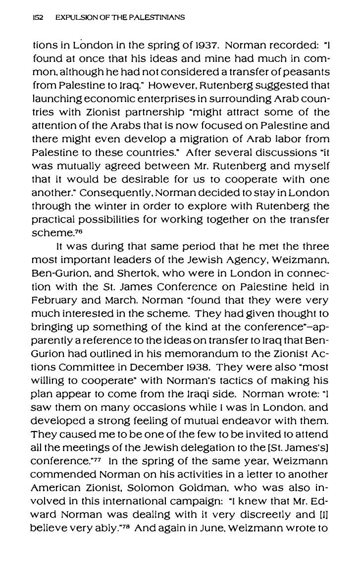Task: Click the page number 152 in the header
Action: (x=37, y=17)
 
